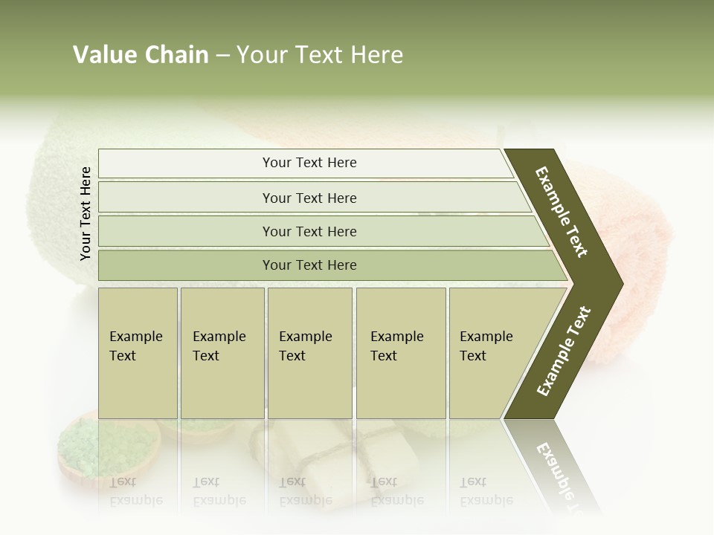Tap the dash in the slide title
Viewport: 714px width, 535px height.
[222, 56]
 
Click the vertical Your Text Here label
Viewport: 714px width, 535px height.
[86, 213]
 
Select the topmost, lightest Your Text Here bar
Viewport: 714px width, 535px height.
[309, 163]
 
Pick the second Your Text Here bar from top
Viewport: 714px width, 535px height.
[309, 198]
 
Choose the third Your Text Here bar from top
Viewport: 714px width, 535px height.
[309, 231]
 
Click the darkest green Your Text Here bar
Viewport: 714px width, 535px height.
[309, 265]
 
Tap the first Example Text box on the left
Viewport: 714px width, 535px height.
[138, 353]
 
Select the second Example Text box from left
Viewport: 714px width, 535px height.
[222, 353]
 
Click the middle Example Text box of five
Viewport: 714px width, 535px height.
[309, 353]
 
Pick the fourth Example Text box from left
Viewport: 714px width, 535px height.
[400, 353]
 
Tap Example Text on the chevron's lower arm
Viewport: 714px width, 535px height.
[563, 351]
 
